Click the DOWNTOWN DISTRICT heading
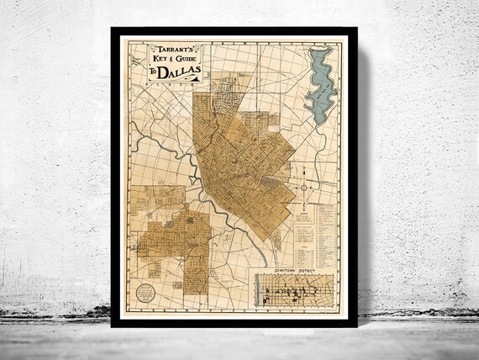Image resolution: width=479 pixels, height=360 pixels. (x=292, y=271)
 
